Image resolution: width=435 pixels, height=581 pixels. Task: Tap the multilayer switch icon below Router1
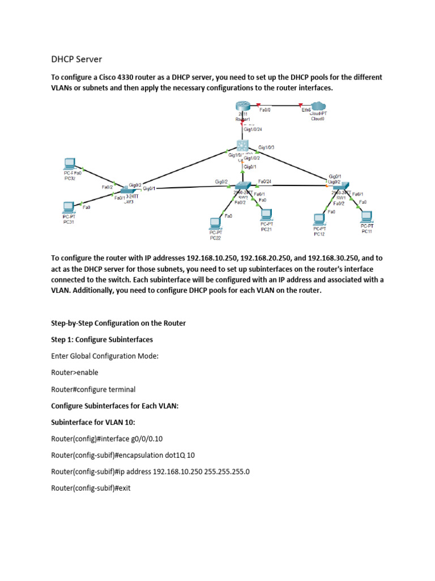(x=244, y=145)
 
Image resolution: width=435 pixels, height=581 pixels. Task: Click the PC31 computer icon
(x=69, y=207)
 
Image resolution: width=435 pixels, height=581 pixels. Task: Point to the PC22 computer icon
(x=215, y=222)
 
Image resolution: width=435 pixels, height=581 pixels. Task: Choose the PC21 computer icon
(x=265, y=214)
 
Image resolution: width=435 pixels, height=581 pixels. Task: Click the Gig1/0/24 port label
(x=253, y=129)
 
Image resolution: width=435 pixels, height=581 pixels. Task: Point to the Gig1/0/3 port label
(x=266, y=148)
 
